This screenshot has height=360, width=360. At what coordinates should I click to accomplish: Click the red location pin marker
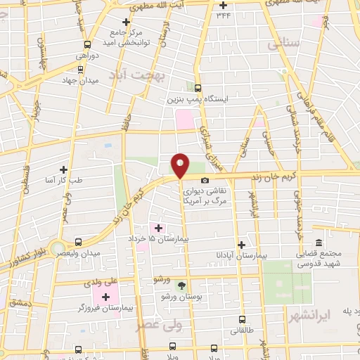[181, 164]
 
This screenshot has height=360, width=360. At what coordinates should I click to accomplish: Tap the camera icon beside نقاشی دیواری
[205, 181]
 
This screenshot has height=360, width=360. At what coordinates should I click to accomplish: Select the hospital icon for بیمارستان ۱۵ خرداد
[157, 228]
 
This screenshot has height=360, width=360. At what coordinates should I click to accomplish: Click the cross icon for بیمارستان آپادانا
[242, 245]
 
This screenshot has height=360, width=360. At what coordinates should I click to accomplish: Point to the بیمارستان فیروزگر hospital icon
[105, 297]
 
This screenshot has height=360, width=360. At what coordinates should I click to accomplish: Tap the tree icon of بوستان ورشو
[182, 285]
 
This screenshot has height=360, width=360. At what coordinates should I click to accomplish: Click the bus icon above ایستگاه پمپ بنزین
[198, 89]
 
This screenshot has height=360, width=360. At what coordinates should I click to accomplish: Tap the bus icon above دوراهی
[78, 41]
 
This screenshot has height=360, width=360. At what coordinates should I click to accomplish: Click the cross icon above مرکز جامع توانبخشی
[126, 22]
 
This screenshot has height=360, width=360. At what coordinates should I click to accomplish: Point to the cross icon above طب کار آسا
[64, 169]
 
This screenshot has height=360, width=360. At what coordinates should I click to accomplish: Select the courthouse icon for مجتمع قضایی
[319, 243]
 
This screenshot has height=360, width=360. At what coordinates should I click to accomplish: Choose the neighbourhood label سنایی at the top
[283, 44]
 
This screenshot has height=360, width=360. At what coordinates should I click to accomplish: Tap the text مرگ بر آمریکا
[204, 200]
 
